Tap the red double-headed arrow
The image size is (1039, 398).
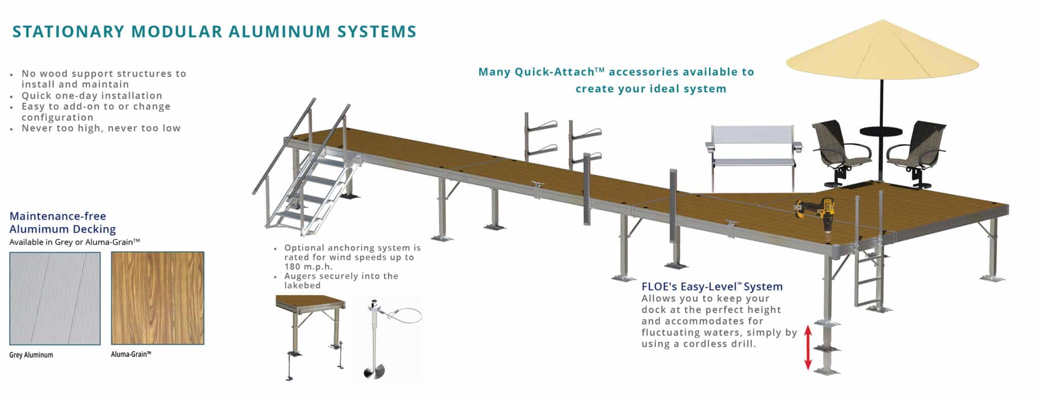[808, 347]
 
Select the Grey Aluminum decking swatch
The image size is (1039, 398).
[55, 298]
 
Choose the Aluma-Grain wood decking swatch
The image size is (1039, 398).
[157, 298]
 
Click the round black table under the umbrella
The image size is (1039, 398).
[881, 131]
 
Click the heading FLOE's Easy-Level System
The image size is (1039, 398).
[712, 286]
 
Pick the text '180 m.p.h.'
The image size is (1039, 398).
[308, 267]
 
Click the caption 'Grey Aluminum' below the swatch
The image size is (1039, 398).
[31, 355]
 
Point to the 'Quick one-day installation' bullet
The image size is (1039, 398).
[92, 95]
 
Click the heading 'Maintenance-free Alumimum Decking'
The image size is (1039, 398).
[62, 223]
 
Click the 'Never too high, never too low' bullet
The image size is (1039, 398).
[101, 128]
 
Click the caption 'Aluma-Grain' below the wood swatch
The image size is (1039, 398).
[131, 354]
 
